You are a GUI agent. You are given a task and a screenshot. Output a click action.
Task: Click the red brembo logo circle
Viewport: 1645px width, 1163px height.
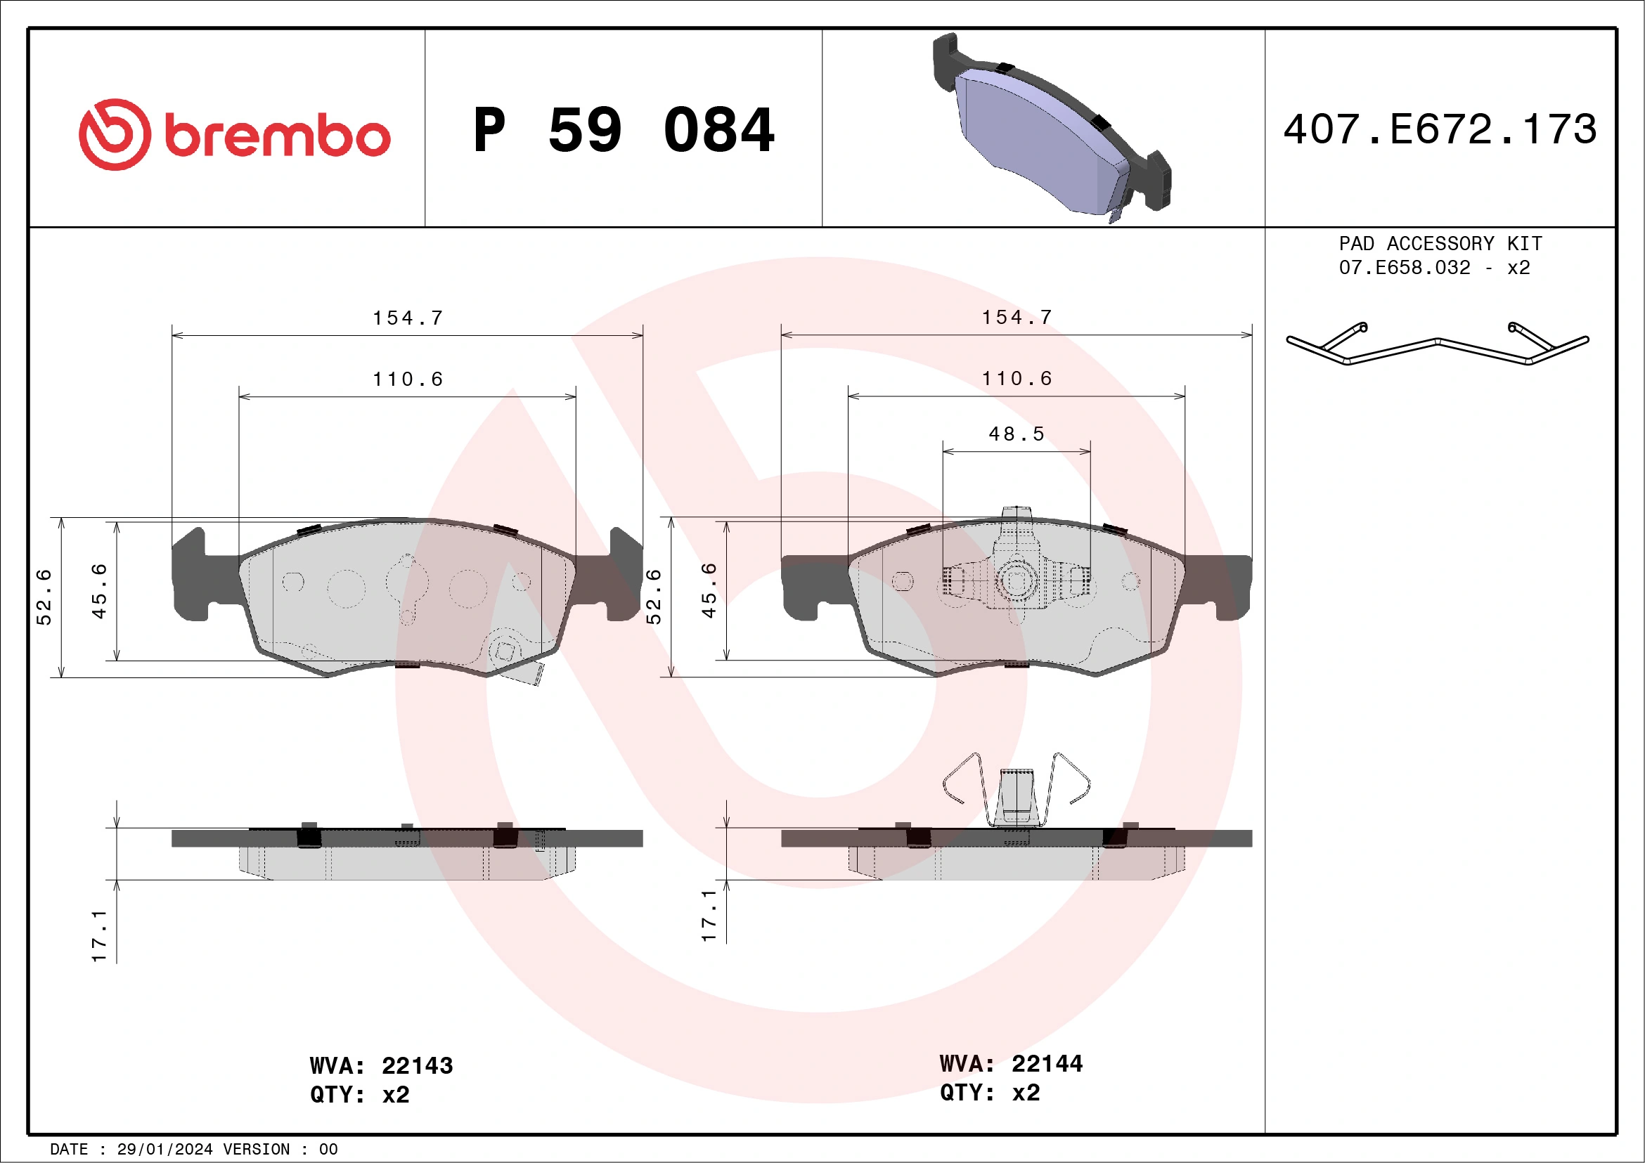pyautogui.click(x=115, y=135)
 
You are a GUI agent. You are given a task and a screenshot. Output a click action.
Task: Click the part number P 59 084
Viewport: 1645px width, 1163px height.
pyautogui.click(x=624, y=130)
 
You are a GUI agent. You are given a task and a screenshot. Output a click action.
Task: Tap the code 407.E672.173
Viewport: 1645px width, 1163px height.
pyautogui.click(x=1440, y=129)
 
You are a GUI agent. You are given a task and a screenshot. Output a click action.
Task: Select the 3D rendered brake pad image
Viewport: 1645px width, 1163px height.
pyautogui.click(x=1050, y=129)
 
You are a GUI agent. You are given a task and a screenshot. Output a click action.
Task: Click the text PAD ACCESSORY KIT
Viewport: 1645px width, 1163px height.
pyautogui.click(x=1440, y=243)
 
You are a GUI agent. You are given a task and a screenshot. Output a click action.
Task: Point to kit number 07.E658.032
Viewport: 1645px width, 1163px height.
pyautogui.click(x=1404, y=268)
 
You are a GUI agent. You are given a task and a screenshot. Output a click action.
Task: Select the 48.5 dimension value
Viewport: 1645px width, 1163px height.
pyautogui.click(x=1016, y=434)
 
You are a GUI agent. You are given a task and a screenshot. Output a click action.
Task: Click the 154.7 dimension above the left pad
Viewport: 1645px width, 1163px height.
pyautogui.click(x=408, y=318)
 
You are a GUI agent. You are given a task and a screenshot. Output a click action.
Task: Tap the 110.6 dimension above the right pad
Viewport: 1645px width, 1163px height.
pyautogui.click(x=1016, y=379)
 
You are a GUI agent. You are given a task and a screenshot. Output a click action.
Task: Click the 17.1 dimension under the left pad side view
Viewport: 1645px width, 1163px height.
pyautogui.click(x=99, y=936)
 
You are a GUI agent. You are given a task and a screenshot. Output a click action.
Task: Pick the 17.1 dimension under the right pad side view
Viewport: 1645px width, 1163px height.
pyautogui.click(x=709, y=915)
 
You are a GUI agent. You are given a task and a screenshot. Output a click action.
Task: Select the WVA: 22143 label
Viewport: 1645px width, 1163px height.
pyautogui.click(x=381, y=1065)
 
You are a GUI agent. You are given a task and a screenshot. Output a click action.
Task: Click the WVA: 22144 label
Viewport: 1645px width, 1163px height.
pyautogui.click(x=1010, y=1063)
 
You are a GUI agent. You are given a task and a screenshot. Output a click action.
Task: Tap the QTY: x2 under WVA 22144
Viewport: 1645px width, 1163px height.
pyautogui.click(x=989, y=1093)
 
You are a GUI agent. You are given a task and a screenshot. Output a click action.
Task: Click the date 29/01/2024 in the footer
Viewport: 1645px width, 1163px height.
pyautogui.click(x=164, y=1150)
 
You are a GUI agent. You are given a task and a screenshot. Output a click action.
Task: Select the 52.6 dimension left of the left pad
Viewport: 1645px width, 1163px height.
pyautogui.click(x=44, y=597)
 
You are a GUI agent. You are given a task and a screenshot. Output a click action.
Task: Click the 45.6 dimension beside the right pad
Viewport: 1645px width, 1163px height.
pyautogui.click(x=709, y=590)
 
